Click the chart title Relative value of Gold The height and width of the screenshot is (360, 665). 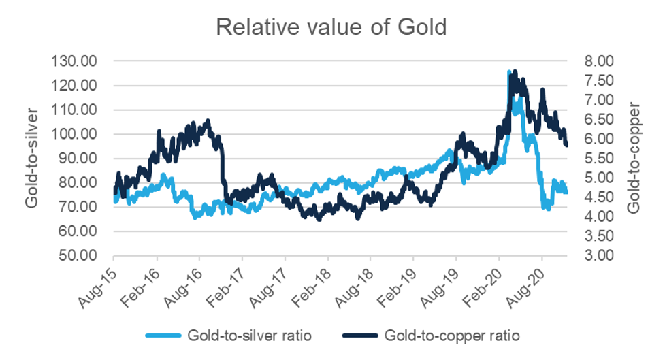pyautogui.click(x=332, y=27)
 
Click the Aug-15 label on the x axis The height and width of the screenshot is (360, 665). pyautogui.click(x=100, y=279)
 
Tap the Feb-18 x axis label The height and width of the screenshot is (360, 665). pyautogui.click(x=314, y=279)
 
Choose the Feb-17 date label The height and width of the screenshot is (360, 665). pyautogui.click(x=229, y=279)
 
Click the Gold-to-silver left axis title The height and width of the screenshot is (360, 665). pyautogui.click(x=31, y=158)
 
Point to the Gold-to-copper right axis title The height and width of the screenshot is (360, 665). pyautogui.click(x=634, y=158)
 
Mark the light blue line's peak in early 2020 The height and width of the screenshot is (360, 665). pyautogui.click(x=509, y=71)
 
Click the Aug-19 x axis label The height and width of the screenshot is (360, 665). pyautogui.click(x=443, y=279)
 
